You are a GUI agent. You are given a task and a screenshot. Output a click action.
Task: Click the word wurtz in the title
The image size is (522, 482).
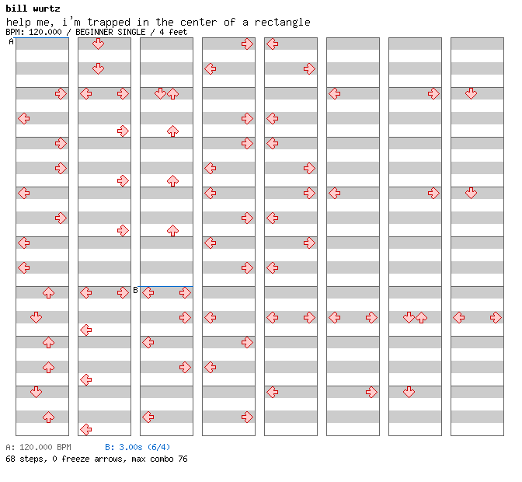click(x=47, y=9)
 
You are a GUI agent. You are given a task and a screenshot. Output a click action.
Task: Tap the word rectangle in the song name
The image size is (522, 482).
click(x=282, y=23)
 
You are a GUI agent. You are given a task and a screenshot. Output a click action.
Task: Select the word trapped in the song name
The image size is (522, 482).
click(x=109, y=23)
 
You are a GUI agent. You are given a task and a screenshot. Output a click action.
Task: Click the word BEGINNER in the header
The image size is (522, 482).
click(x=94, y=32)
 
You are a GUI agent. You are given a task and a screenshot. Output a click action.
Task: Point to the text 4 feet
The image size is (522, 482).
click(x=173, y=32)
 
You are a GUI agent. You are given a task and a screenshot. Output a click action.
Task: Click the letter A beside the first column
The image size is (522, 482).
click(x=12, y=42)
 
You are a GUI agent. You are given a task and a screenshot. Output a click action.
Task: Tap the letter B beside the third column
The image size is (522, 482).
click(x=135, y=290)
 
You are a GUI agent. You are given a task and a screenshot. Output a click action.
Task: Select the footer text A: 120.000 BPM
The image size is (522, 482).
click(x=38, y=447)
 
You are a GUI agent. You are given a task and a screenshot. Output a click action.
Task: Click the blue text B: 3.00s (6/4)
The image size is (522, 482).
click(x=137, y=447)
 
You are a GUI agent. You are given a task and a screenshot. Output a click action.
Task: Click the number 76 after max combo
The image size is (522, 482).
click(x=183, y=459)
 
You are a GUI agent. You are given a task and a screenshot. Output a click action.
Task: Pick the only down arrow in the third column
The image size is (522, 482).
click(x=161, y=93)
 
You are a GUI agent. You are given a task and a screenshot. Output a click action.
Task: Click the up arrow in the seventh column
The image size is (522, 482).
click(x=422, y=317)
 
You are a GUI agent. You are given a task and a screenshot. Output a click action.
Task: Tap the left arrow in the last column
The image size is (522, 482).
click(x=459, y=317)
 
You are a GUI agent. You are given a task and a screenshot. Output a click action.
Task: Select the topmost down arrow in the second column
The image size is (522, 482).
click(x=98, y=44)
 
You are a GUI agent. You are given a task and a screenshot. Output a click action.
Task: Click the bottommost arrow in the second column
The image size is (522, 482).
click(x=86, y=429)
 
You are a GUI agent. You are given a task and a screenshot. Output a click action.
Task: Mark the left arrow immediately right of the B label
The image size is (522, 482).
click(x=148, y=293)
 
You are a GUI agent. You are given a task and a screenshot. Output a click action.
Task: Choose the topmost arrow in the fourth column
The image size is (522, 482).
click(x=247, y=44)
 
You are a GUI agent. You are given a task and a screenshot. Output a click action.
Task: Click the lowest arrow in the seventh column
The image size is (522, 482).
click(x=409, y=392)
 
